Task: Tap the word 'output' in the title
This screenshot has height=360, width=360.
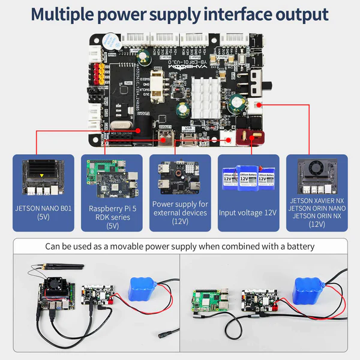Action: tap(298, 14)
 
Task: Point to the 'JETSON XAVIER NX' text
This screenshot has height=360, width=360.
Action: tap(316, 200)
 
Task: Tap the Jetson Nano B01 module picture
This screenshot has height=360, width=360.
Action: tap(42, 178)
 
